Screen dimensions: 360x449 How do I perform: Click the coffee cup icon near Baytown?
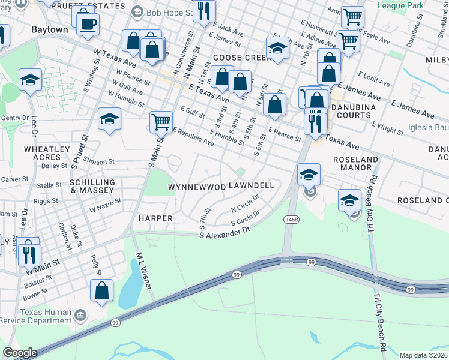point(88,24)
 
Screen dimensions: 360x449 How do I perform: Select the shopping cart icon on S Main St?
point(161,122)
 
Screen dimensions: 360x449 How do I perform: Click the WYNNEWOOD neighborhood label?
point(197,187)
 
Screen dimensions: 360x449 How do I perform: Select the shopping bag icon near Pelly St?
point(102,290)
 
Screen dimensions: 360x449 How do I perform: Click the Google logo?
point(20,353)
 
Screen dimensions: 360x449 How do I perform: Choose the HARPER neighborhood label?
point(155,218)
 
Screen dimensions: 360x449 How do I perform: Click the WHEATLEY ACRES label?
point(43,152)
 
